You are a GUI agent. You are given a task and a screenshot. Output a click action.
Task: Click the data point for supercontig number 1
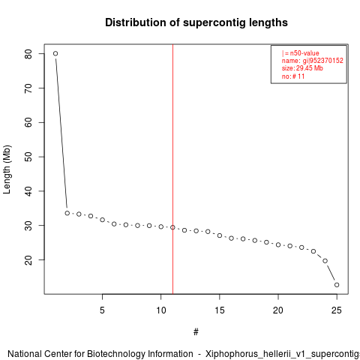coord(55,53)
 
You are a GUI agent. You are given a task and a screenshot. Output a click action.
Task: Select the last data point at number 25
coord(337,285)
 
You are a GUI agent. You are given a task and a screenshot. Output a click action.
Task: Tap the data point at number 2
coord(67,213)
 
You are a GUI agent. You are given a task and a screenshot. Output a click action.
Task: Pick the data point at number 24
coord(325,261)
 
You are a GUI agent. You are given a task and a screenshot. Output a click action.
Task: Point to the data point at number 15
coord(220,235)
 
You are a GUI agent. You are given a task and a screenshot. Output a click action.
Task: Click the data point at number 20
coord(278,244)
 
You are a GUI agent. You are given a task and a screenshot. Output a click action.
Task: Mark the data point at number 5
coord(102,220)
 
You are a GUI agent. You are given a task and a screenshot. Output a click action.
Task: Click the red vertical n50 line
coord(172,169)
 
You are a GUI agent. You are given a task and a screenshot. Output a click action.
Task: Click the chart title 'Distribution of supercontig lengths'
coord(196,22)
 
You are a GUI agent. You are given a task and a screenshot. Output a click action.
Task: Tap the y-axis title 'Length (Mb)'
coord(7,169)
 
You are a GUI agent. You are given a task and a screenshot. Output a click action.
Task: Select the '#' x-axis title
coord(196,332)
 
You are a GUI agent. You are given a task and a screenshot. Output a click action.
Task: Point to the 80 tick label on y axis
coord(28,54)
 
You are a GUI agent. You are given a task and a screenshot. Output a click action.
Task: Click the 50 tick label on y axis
coord(28,157)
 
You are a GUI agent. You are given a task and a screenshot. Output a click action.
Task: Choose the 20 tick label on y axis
coord(28,259)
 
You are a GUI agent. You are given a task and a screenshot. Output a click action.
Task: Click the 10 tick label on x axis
coord(161,310)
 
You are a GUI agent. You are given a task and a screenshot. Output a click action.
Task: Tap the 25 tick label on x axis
coord(337,310)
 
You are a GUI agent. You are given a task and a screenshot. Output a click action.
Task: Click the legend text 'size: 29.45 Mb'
coord(302,68)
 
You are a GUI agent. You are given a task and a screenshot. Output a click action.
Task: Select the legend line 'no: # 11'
coord(293,76)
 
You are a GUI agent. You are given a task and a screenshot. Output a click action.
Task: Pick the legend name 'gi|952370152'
coord(323,61)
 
